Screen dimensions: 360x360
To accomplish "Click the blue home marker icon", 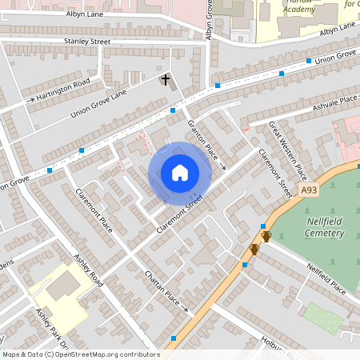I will coord(180,172).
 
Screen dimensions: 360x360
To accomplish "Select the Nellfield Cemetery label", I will coord(325,227).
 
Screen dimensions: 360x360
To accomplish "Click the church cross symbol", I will coord(166,79).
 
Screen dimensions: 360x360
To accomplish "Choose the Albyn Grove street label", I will coord(210,20).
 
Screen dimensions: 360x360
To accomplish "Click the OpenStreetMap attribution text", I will coord(81,354).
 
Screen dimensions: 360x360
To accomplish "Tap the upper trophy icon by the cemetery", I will coord(266,236).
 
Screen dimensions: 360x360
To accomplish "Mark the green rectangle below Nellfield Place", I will coord(323,317).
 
